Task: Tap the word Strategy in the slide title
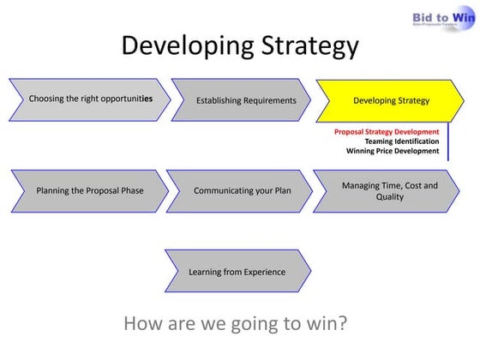(303, 45)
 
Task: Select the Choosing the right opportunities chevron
(90, 99)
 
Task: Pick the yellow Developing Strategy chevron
(391, 100)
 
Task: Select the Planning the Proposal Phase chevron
(89, 190)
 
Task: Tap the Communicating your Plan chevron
(241, 190)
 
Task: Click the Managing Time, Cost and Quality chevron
(389, 190)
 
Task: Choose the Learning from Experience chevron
(237, 272)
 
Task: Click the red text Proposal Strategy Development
(387, 132)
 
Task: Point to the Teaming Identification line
(401, 141)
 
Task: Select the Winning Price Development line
(393, 151)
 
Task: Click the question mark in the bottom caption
(343, 324)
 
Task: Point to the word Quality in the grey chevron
(390, 197)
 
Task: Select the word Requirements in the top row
(268, 100)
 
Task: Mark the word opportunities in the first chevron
(123, 99)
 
